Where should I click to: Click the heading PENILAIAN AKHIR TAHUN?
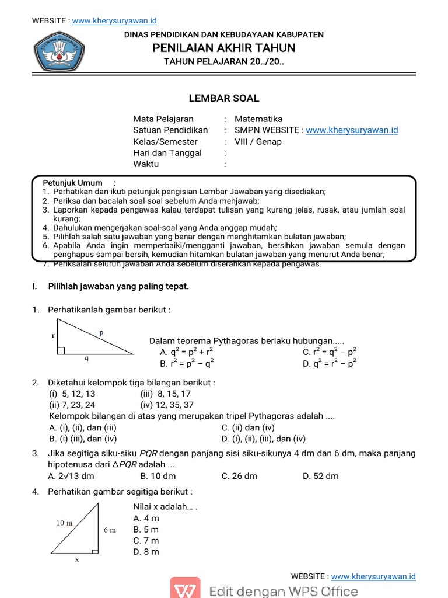tap(224, 48)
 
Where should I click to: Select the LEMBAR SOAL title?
tap(224, 98)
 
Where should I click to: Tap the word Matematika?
tap(258, 119)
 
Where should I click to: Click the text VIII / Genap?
tap(258, 141)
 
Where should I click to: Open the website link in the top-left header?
tap(116, 21)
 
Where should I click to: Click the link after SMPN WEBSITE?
tap(352, 130)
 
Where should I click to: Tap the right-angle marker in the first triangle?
tap(61, 350)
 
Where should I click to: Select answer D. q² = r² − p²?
tap(329, 363)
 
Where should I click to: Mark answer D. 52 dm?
tap(320, 475)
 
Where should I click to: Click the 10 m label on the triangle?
tap(65, 523)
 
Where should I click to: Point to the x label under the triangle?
tap(76, 559)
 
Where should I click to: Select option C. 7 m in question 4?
tap(146, 540)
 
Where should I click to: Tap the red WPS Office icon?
tap(185, 590)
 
